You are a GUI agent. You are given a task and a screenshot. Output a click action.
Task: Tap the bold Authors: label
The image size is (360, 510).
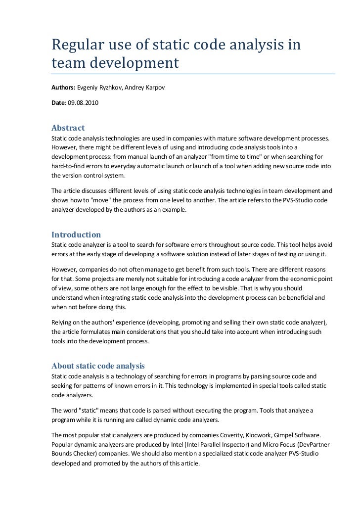[x=63, y=88]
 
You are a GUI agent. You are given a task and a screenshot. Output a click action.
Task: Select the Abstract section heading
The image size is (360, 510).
[x=68, y=128]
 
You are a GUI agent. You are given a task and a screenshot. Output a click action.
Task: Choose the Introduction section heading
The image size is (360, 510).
[x=76, y=234]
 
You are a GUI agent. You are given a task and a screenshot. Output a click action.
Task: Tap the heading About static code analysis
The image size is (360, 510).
[x=98, y=366]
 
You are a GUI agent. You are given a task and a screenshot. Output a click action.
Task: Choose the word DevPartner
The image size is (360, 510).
[x=315, y=445]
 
